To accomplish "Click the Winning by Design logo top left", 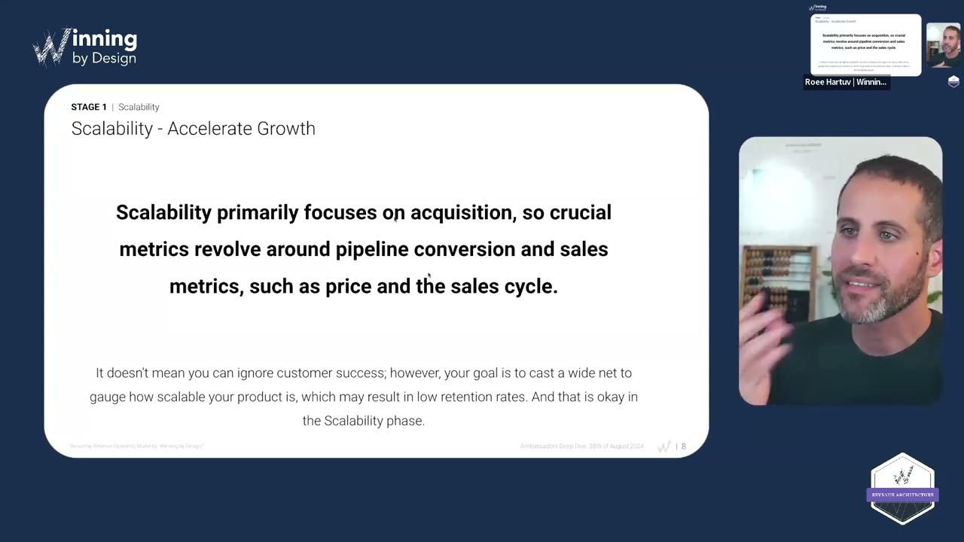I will (84, 47).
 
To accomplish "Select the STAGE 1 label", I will (89, 107).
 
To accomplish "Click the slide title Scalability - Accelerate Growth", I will (193, 129).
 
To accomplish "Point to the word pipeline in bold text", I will (372, 250).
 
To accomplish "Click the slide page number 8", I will (684, 446).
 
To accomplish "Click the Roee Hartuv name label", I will (846, 82).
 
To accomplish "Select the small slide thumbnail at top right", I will (865, 44).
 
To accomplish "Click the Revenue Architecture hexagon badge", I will (902, 489).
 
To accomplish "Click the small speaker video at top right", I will (943, 45).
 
